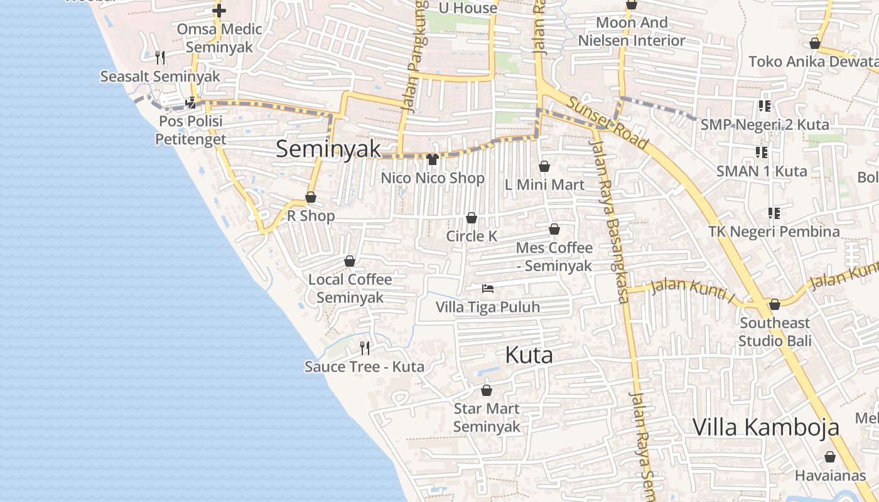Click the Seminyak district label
[x=328, y=149]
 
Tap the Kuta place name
[x=529, y=355]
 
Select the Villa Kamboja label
[x=765, y=427]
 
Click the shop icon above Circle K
[x=472, y=218]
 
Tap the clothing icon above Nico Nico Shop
[x=432, y=159]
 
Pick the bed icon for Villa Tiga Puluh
[x=488, y=289]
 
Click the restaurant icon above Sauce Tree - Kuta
[x=364, y=348]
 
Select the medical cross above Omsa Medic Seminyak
[x=218, y=11]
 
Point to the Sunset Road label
[x=608, y=123]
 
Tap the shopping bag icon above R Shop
[x=310, y=198]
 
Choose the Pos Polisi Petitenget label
[x=191, y=129]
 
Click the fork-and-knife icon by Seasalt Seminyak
[x=160, y=58]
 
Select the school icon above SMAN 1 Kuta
[x=762, y=152]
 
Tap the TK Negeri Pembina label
[x=774, y=232]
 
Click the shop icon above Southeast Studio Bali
[x=775, y=304]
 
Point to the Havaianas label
[x=829, y=476]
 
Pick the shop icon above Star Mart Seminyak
[x=487, y=390]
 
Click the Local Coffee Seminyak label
[x=350, y=288]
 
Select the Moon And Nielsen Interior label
[x=632, y=31]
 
